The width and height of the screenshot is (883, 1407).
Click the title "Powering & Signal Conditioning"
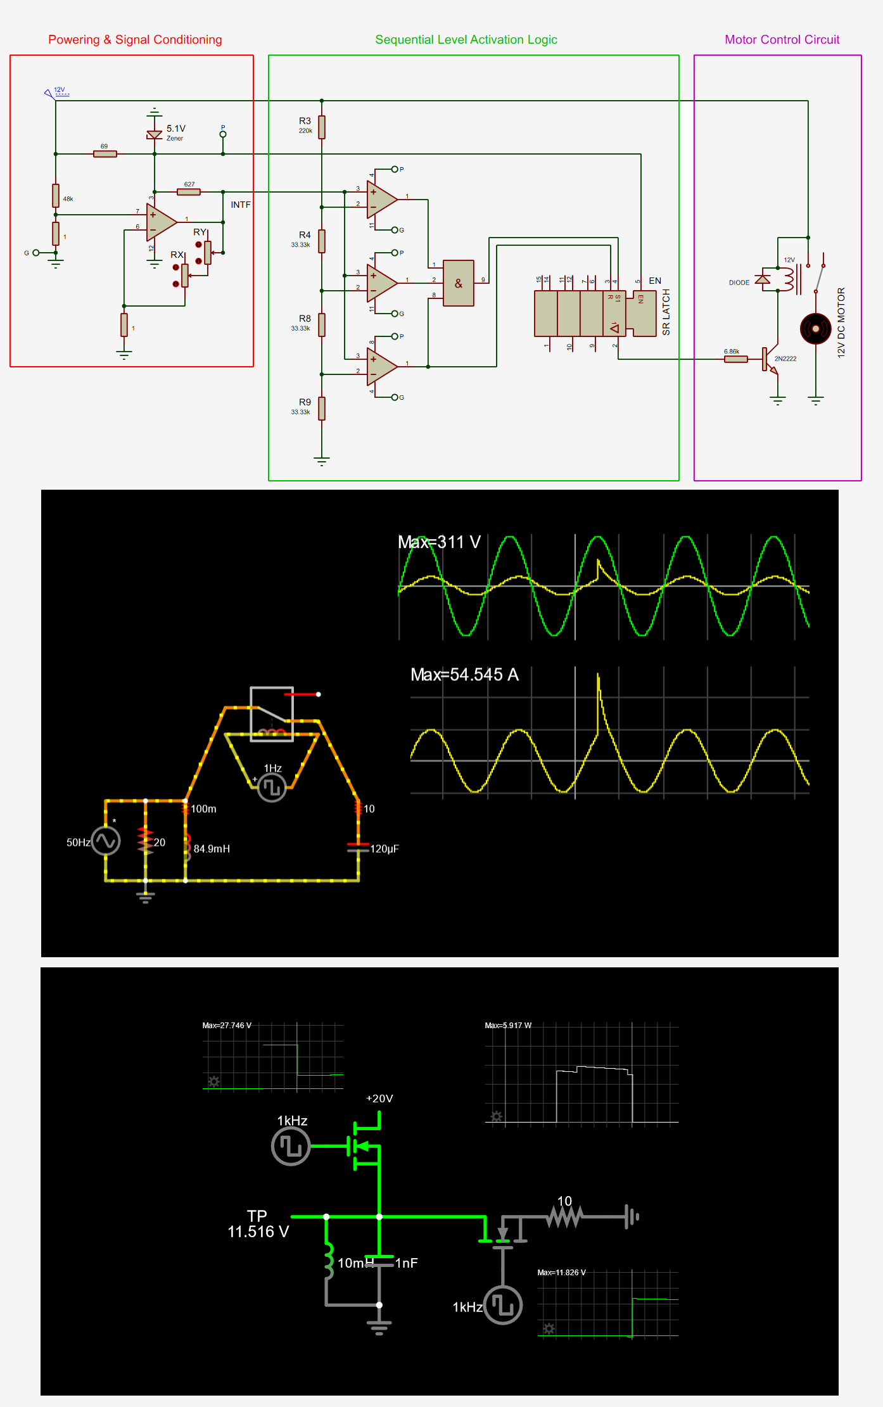pos(135,40)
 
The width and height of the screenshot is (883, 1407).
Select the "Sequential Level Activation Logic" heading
pos(466,40)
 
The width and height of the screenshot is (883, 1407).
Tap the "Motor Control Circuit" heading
pos(782,40)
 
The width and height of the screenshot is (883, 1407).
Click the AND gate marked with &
pos(459,283)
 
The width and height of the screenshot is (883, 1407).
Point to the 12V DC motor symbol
pos(815,329)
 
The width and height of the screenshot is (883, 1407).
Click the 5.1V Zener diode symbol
pos(155,134)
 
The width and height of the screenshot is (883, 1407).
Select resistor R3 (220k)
pos(322,127)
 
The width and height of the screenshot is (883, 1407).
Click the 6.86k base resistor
pos(735,359)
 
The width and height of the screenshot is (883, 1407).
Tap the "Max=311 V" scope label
pos(439,542)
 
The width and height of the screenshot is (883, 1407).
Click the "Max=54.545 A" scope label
pos(464,675)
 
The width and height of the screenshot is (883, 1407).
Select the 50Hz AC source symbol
pos(106,841)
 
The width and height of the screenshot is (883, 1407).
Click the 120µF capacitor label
pos(384,849)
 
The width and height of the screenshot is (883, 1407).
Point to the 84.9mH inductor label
pos(212,849)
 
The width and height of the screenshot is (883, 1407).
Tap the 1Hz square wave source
pos(272,787)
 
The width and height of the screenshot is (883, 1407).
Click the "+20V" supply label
pos(379,1098)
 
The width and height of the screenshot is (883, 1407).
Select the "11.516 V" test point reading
pos(258,1232)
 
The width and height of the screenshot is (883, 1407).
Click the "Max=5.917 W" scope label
pos(508,1025)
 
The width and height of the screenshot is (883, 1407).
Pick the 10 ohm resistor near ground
pos(564,1216)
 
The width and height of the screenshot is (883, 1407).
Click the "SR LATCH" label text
pos(666,312)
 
